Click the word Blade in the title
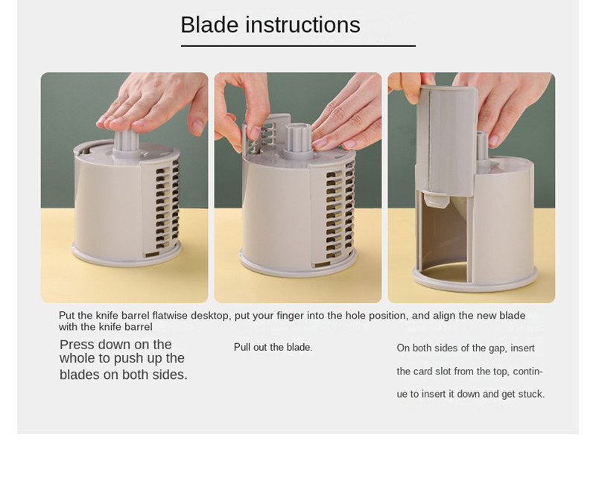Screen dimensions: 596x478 (x=209, y=25)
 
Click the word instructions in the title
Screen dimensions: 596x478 (x=302, y=25)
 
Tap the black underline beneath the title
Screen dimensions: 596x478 (x=298, y=46)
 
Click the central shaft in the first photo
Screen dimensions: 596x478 (x=126, y=142)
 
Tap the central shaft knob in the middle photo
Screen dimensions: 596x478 (x=299, y=138)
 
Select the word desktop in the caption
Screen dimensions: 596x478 (x=210, y=316)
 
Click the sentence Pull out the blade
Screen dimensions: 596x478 (x=273, y=347)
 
